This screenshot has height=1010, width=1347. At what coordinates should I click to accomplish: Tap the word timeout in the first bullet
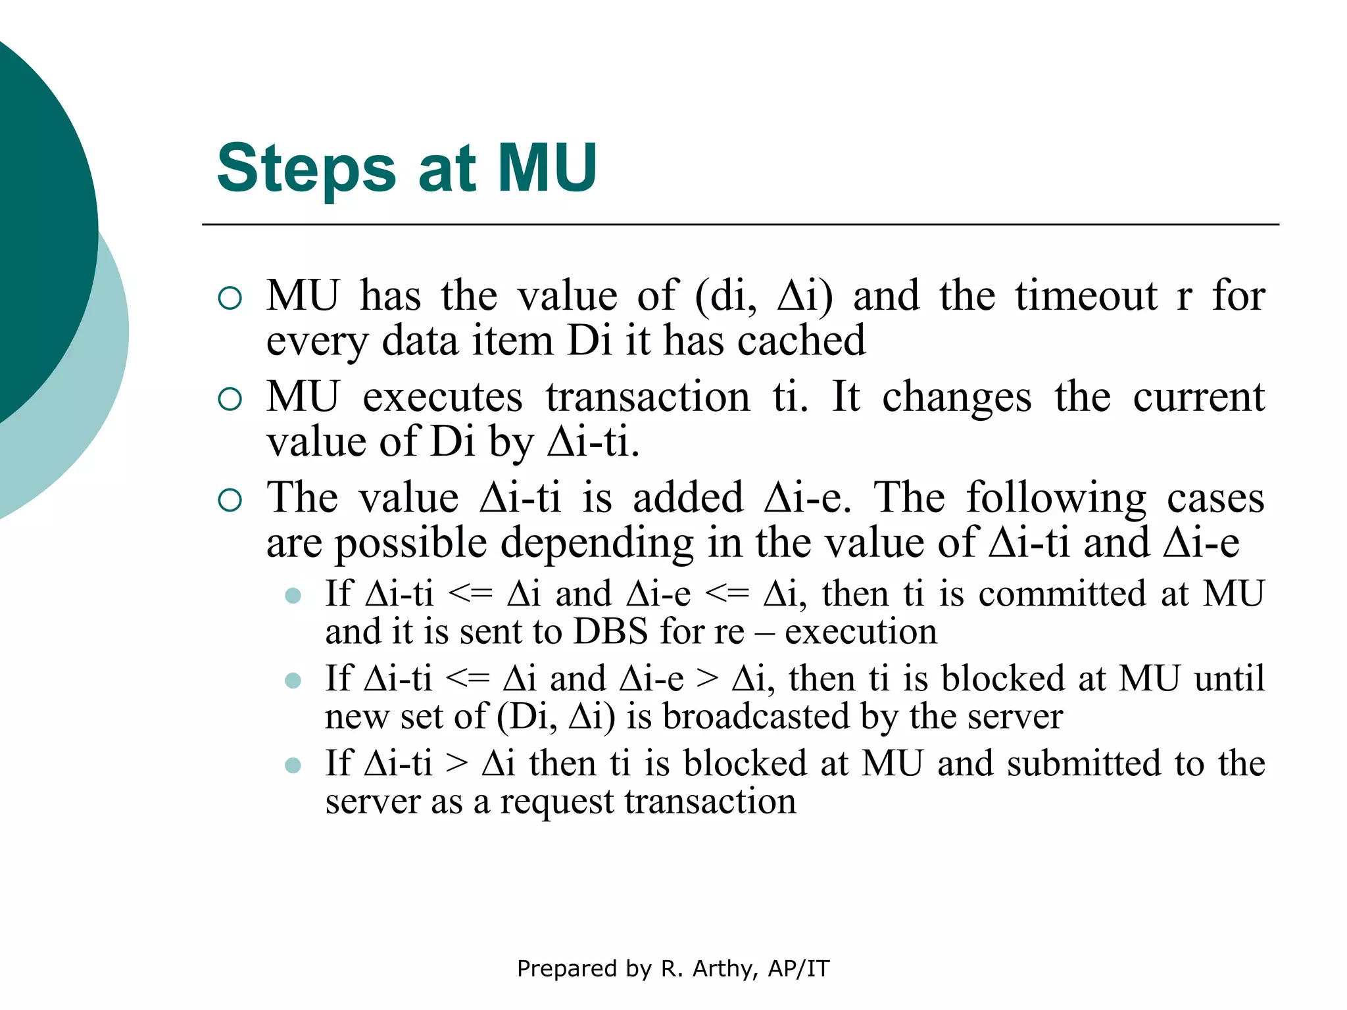1086,296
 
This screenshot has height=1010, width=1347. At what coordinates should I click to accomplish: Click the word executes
443,398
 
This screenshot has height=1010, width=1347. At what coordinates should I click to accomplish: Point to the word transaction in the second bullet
648,398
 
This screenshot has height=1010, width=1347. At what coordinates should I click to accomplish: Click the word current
1198,398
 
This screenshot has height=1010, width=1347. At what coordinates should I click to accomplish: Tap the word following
1056,498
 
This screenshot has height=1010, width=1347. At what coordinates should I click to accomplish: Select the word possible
410,544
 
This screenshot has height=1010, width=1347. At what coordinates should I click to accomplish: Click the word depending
597,544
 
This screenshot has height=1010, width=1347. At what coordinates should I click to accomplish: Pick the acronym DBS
611,632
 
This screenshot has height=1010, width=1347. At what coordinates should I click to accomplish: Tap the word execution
861,632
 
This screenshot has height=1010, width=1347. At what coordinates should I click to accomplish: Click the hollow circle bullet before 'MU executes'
230,399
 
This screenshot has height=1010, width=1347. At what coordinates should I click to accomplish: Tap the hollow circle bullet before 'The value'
230,500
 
